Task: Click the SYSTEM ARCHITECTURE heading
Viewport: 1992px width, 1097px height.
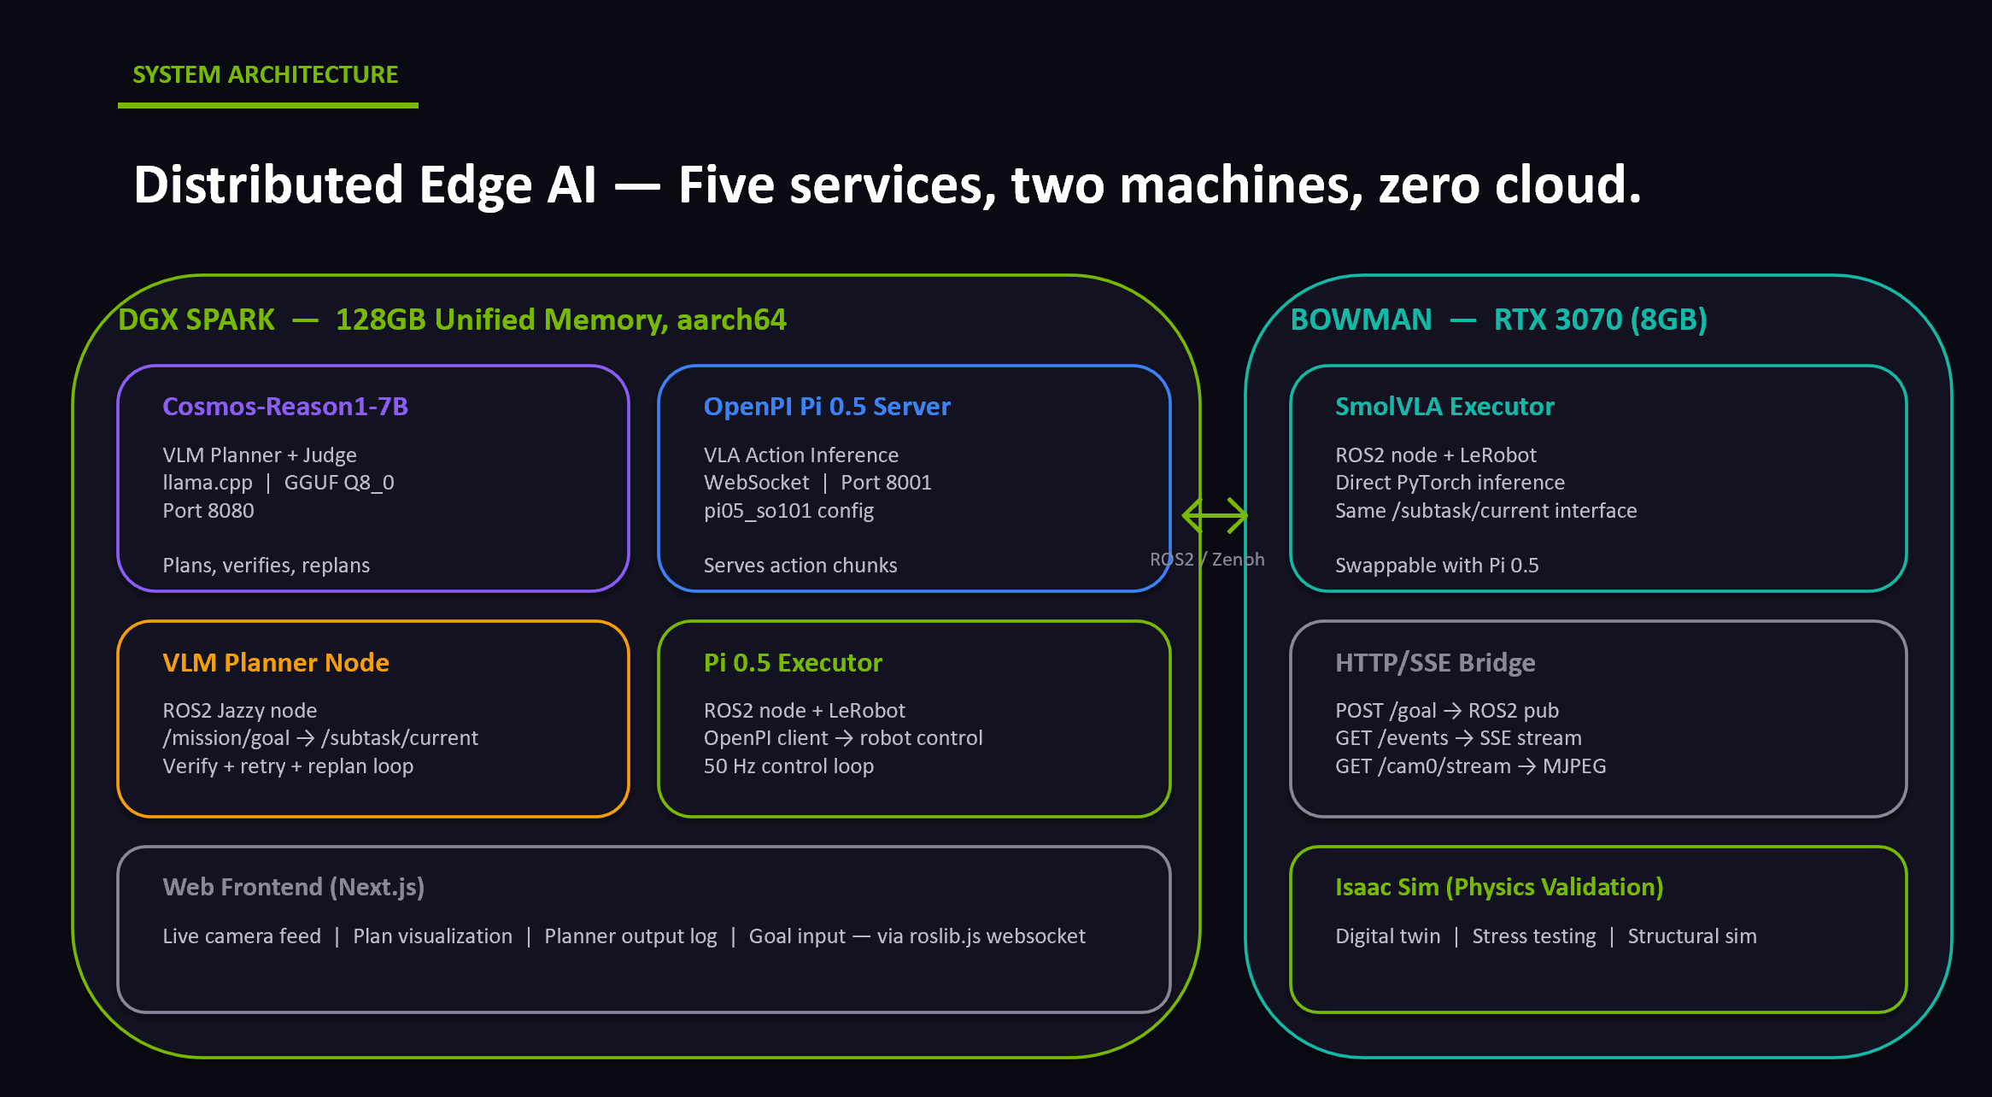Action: point(266,75)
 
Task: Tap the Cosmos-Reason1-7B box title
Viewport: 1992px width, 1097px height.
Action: point(285,407)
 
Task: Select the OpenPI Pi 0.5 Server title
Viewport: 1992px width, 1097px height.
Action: point(827,407)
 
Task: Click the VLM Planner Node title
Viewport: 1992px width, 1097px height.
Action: point(276,663)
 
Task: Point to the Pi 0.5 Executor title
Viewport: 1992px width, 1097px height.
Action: point(793,663)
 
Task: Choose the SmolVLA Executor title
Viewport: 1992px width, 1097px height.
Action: point(1444,407)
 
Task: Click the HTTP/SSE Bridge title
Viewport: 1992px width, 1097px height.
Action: point(1435,663)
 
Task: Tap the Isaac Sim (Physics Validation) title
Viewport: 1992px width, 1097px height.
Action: point(1499,888)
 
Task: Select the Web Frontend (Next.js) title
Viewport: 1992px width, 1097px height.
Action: point(294,888)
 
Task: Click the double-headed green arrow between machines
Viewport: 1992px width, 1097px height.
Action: point(1215,515)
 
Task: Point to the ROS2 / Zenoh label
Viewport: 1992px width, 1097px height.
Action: point(1207,560)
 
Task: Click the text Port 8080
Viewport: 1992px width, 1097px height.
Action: point(208,511)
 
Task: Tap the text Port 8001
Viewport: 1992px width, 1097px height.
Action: point(886,483)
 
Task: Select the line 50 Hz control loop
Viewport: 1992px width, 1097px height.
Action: point(788,766)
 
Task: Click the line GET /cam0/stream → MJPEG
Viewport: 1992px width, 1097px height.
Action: point(1470,766)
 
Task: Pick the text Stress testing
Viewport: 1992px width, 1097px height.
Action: point(1533,936)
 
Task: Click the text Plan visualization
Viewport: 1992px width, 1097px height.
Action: point(432,936)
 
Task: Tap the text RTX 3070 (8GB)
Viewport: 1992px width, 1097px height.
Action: point(1600,320)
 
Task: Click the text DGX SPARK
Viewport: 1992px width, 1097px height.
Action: point(196,320)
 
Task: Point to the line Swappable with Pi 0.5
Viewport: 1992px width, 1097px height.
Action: point(1437,566)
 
